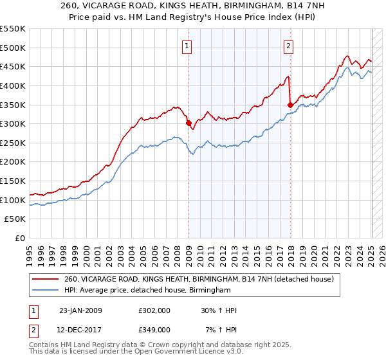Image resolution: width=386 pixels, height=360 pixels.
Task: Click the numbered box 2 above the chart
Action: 288,46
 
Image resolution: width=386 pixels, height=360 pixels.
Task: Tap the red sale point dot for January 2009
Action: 188,123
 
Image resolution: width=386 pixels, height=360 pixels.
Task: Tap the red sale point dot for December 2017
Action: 291,105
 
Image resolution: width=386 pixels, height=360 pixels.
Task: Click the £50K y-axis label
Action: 15,219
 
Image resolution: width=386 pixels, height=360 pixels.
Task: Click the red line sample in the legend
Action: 46,280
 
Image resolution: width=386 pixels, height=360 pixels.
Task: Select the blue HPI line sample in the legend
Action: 46,291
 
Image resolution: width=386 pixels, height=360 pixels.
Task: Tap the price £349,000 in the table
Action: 154,329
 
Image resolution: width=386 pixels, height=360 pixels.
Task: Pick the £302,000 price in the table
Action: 154,310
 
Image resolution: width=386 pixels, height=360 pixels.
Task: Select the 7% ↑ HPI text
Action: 221,329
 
